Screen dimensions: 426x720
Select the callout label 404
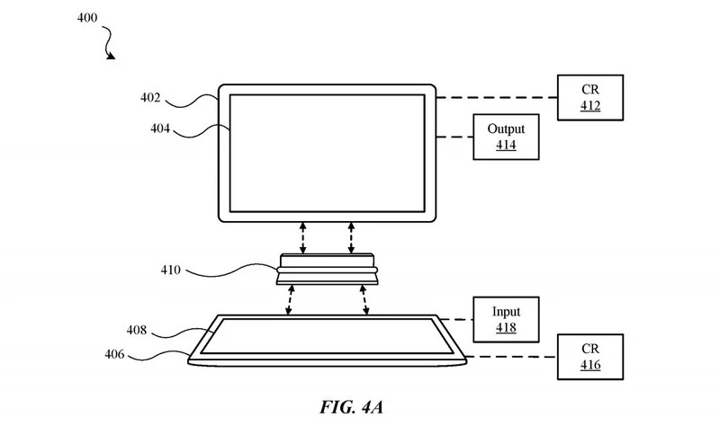(160, 129)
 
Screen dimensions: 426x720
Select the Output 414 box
(506, 137)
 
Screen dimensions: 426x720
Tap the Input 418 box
(506, 320)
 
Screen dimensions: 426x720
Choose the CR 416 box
(590, 356)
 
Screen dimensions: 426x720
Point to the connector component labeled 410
(327, 269)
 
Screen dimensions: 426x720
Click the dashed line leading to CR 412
(497, 98)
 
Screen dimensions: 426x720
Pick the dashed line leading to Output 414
(455, 137)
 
